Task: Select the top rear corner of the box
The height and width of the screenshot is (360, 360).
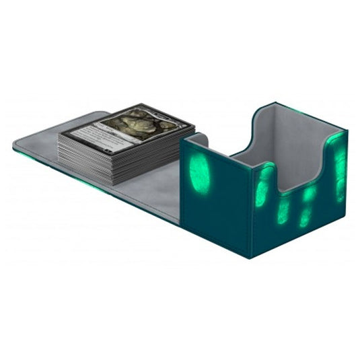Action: tap(276, 102)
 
